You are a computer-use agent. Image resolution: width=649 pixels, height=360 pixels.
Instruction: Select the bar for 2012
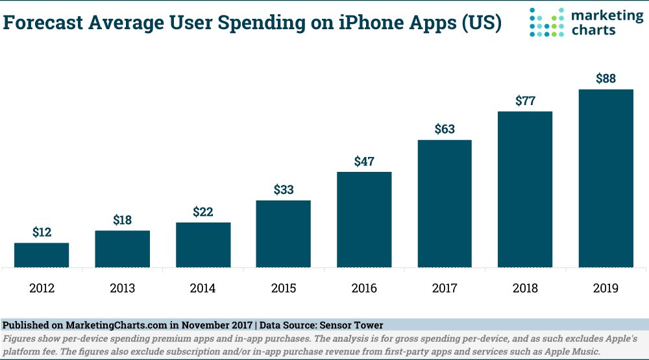[42, 255]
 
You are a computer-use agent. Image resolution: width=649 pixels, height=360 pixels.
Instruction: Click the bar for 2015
[284, 234]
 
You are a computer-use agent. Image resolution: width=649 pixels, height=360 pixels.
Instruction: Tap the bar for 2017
[445, 204]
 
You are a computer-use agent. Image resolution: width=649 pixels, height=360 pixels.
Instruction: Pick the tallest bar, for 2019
[606, 178]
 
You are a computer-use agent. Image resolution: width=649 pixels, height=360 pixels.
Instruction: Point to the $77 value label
[525, 101]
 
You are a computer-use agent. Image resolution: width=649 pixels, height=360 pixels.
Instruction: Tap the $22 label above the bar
[203, 212]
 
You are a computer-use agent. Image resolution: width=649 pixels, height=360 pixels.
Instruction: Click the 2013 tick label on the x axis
[122, 288]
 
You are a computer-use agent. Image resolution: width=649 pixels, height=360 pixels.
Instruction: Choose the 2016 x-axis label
[364, 288]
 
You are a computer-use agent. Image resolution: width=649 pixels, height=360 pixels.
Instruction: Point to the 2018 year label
[525, 288]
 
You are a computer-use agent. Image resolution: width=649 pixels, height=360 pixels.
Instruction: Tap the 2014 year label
[203, 288]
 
